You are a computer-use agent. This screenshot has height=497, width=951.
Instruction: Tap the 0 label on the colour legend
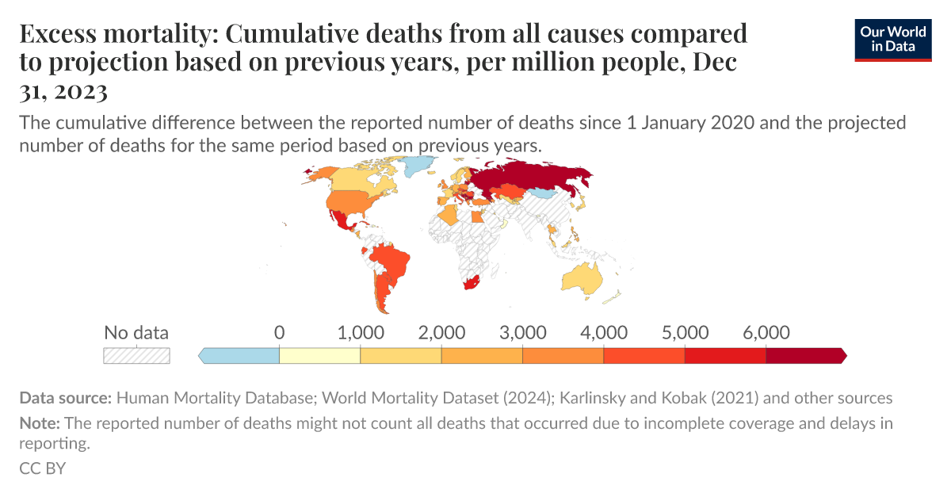click(279, 332)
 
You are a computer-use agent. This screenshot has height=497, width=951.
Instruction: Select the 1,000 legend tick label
click(361, 332)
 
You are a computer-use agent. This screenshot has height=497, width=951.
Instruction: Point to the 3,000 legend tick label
click(523, 332)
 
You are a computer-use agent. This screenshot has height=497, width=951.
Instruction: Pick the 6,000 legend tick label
click(766, 332)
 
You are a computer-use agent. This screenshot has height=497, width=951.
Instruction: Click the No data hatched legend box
click(136, 356)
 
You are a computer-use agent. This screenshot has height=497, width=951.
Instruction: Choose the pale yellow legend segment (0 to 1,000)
click(320, 356)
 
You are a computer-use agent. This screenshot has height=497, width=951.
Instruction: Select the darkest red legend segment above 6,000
click(804, 356)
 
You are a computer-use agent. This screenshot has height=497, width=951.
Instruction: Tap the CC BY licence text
click(42, 468)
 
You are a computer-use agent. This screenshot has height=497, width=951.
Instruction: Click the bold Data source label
click(66, 398)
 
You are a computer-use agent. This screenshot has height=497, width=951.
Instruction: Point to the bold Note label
click(37, 423)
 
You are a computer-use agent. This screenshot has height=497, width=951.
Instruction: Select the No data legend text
click(136, 332)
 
